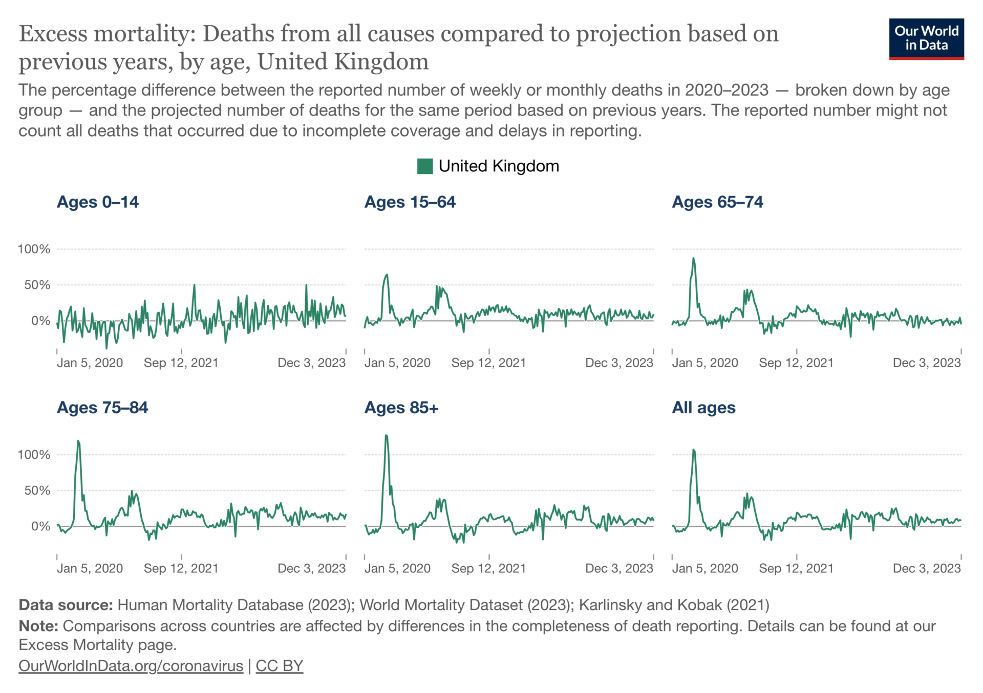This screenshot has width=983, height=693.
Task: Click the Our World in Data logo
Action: pos(926,39)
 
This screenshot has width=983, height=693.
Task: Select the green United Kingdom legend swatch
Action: pos(424,166)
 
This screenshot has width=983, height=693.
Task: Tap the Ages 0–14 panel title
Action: pos(97,202)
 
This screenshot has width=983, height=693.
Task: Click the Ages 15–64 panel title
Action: pos(410,202)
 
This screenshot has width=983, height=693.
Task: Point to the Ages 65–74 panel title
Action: pos(717,202)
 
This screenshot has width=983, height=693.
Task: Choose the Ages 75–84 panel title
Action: pos(102,408)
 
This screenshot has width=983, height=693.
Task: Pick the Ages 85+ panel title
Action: pos(401,408)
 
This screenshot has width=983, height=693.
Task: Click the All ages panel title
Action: pos(703,408)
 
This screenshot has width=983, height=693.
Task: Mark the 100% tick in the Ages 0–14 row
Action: pos(34,249)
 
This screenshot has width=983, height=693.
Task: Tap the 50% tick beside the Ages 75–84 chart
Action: pos(37,490)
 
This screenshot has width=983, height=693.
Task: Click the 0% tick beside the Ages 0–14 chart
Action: pos(40,321)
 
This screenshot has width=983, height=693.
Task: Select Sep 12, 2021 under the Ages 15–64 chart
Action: pos(488,363)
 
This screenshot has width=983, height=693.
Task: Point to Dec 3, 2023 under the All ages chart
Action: pos(927,569)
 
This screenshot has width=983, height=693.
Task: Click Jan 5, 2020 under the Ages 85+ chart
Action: pos(397,569)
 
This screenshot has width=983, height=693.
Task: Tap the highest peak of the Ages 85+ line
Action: pos(386,436)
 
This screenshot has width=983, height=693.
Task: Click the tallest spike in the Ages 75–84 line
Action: pos(78,441)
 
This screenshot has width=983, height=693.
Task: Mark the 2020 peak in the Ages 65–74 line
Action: pos(694,258)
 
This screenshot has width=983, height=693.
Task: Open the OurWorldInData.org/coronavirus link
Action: pos(131,666)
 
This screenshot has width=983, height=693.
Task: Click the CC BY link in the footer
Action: pos(279,666)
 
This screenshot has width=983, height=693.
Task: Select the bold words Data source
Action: pos(66,605)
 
